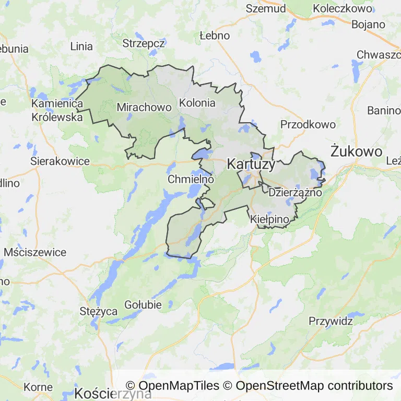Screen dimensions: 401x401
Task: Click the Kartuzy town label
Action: pos(251,164)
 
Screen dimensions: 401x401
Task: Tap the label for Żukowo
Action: pos(356,151)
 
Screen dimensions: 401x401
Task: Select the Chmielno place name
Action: pos(191,179)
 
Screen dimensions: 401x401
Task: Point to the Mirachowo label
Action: pos(144,107)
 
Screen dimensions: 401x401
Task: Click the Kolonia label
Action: pos(197,103)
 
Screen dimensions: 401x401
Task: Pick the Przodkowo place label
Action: pos(308,124)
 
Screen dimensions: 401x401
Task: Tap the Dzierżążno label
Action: pos(295,192)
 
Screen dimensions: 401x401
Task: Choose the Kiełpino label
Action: pos(269,220)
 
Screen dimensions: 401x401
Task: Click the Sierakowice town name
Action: pos(60,161)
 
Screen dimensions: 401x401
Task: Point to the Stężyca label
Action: pos(99,312)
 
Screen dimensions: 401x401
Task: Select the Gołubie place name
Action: pos(143,304)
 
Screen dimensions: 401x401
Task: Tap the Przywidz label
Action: pos(331,321)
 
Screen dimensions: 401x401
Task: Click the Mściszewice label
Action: pos(35,252)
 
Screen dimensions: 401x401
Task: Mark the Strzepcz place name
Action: pos(144,43)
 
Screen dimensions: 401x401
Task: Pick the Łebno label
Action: pos(215,36)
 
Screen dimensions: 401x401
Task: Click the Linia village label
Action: pos(81,46)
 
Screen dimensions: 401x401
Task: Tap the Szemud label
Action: pos(266,8)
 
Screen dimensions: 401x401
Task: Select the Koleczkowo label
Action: pos(341,8)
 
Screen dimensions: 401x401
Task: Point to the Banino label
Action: pos(384,110)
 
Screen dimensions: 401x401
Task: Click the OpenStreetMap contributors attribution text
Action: pos(314,386)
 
